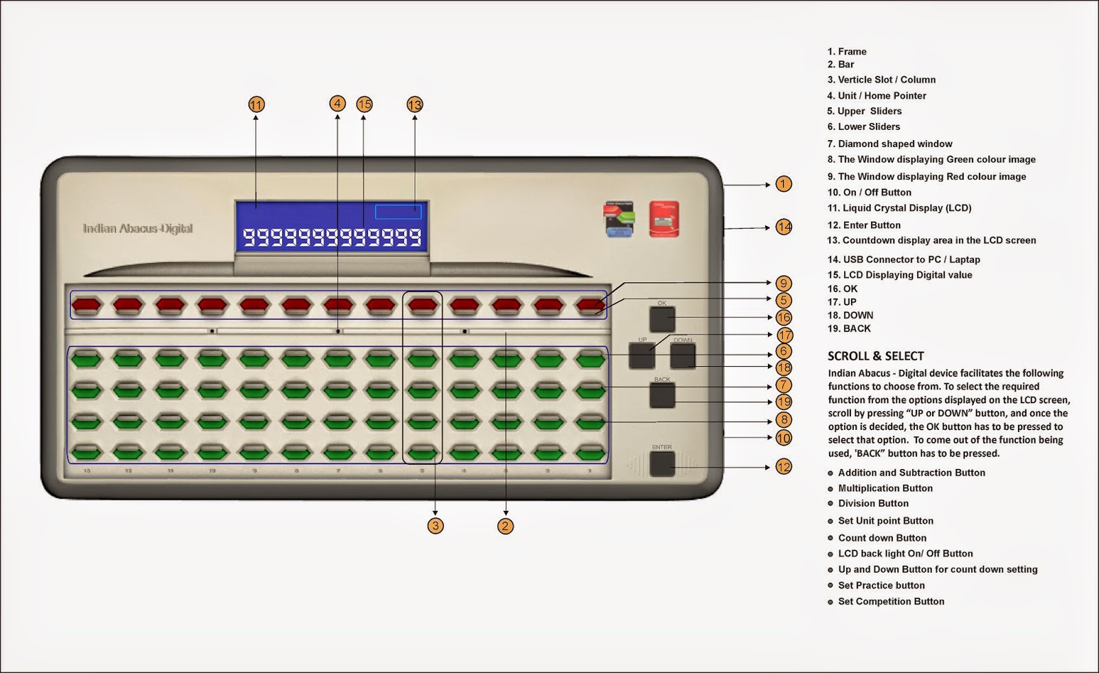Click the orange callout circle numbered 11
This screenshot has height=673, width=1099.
(256, 105)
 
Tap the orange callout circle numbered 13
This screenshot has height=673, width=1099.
(415, 105)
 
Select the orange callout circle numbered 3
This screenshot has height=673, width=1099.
(435, 526)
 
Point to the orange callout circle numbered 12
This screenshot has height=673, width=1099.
(784, 467)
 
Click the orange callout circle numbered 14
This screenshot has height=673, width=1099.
(784, 227)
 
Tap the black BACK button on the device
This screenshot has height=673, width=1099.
(662, 396)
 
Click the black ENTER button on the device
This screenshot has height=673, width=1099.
(662, 464)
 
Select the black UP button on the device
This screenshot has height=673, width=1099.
(642, 356)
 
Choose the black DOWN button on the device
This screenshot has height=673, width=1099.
(683, 356)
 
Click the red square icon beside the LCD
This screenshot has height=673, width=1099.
(664, 219)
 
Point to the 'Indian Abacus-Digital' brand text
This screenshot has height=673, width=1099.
(138, 229)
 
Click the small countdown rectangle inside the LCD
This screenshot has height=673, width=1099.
(398, 212)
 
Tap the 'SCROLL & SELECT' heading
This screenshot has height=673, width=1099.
(876, 356)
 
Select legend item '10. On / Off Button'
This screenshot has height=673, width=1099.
(870, 192)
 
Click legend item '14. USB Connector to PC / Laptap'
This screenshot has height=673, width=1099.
(904, 260)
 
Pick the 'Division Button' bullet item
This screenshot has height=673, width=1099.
(873, 503)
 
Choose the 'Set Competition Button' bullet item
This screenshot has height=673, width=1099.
(891, 602)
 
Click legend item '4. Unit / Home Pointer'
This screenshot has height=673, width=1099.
(876, 95)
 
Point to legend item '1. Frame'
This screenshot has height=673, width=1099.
(847, 52)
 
